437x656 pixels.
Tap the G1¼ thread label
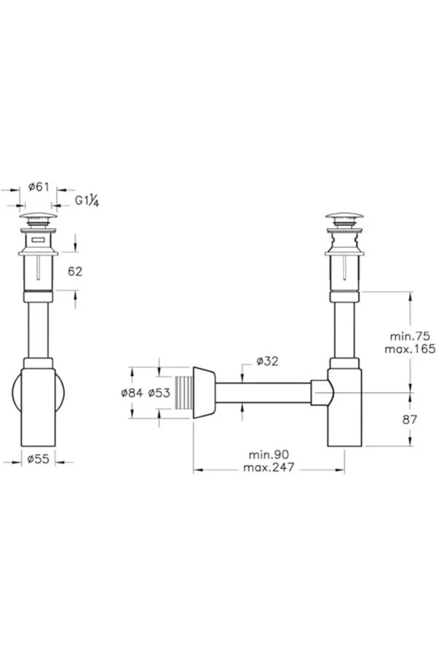coord(87,200)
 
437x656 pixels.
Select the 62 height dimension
coord(75,272)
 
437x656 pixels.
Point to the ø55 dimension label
coord(38,458)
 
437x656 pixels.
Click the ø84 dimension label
coord(132,393)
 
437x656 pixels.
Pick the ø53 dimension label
coord(159,393)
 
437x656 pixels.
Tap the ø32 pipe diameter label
coord(267,361)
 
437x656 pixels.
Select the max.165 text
coord(410,349)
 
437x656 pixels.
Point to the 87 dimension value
coord(409,420)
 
